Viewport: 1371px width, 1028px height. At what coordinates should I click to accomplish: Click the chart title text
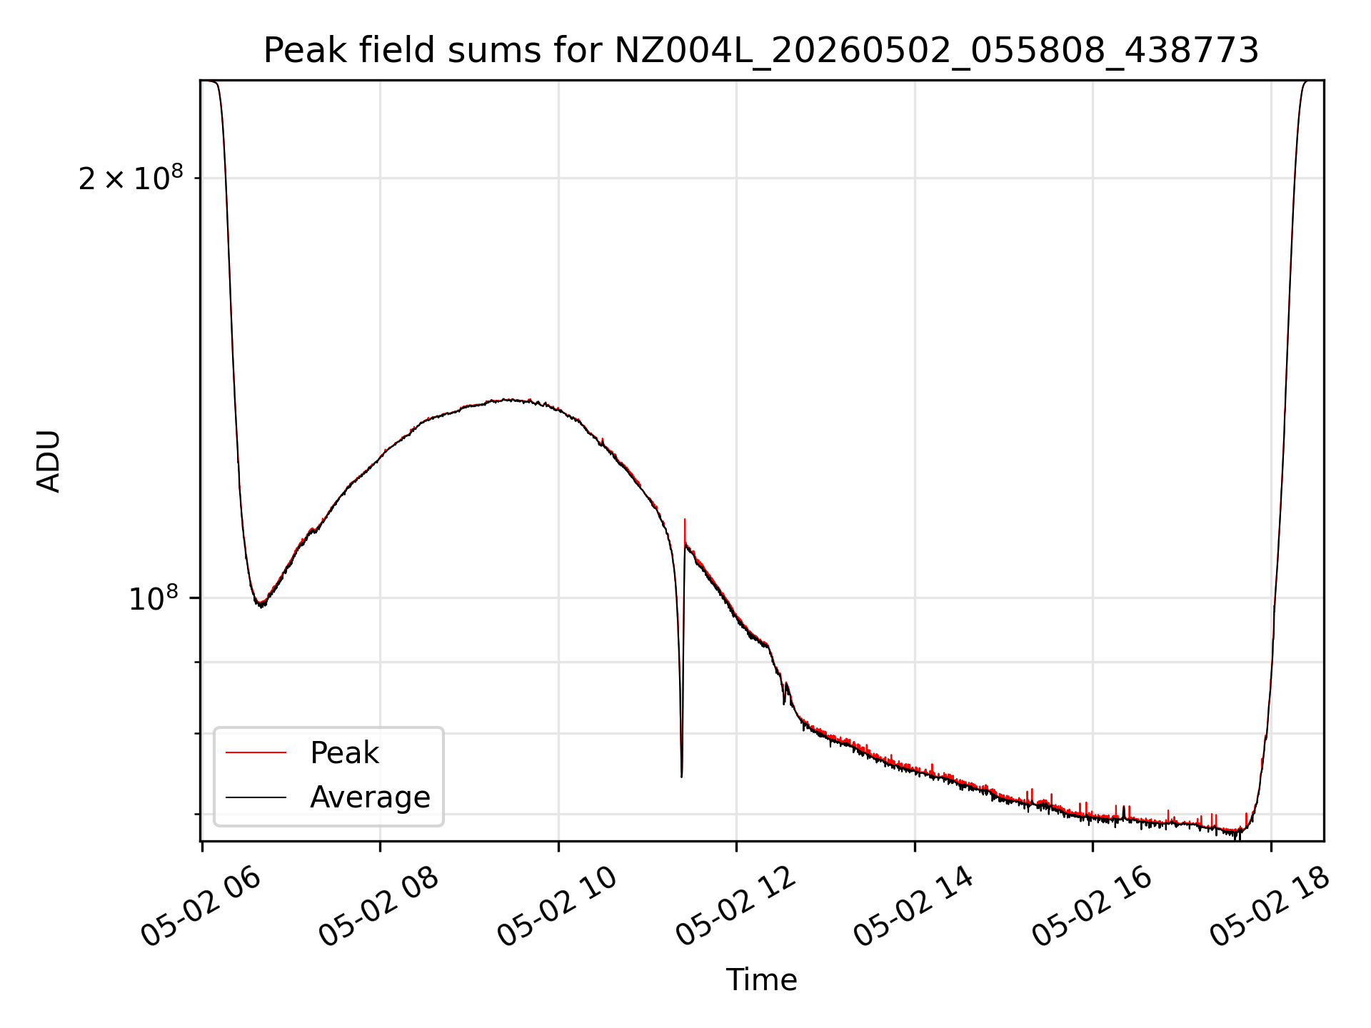click(x=761, y=51)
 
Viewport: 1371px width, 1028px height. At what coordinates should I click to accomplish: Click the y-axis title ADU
click(x=49, y=461)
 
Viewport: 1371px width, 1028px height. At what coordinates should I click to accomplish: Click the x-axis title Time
click(x=761, y=979)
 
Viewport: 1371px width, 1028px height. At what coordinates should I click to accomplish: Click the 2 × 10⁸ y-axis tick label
click(x=131, y=178)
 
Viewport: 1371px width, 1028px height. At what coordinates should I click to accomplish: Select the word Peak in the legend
click(x=344, y=753)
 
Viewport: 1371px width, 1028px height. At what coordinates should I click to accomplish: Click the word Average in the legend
click(x=370, y=797)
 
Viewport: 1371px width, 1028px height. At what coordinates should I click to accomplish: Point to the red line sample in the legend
click(x=256, y=752)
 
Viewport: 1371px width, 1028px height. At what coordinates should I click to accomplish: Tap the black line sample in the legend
click(x=256, y=797)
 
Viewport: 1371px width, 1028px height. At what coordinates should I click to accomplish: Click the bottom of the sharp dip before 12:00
click(x=681, y=776)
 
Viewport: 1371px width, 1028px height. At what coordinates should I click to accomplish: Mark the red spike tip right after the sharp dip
click(x=685, y=520)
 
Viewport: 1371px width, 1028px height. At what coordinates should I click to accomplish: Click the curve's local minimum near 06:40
click(x=261, y=605)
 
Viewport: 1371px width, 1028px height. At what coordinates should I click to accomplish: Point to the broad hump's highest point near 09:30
click(x=507, y=399)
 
